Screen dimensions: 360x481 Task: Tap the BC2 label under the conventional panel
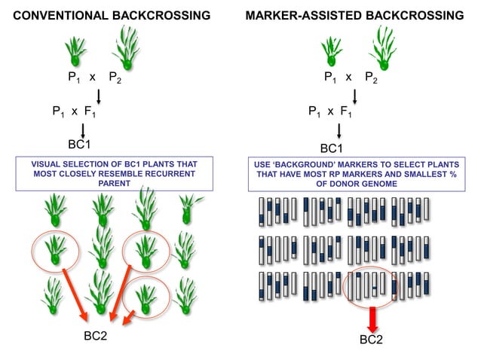point(95,335)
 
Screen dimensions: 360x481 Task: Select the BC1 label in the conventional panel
point(80,144)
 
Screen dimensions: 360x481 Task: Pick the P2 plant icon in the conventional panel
point(127,50)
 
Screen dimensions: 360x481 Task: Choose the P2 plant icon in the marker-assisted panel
point(382,50)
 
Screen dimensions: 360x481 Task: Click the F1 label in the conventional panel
point(90,111)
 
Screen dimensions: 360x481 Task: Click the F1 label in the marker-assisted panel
point(346,111)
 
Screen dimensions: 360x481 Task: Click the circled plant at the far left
point(54,249)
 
